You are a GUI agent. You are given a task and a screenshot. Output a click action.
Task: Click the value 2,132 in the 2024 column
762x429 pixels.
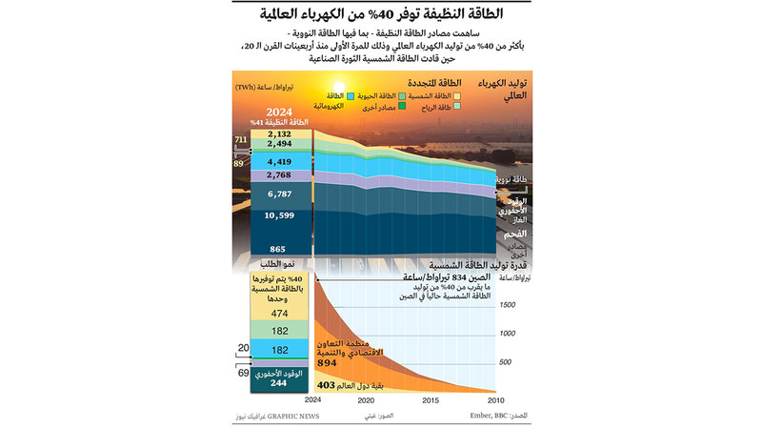[x=279, y=134]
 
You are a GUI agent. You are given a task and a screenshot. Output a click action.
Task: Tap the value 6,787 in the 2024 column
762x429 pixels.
[x=279, y=194]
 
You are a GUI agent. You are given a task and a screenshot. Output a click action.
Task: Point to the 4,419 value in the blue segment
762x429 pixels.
[x=279, y=162]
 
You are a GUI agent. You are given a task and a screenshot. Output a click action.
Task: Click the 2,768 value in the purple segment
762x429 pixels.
[x=279, y=175]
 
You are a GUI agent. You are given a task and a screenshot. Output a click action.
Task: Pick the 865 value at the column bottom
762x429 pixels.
[x=279, y=249]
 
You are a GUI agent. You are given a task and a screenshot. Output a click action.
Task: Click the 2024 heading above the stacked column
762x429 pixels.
[x=279, y=110]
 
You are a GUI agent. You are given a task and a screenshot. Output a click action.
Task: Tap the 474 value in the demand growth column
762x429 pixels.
[x=279, y=313]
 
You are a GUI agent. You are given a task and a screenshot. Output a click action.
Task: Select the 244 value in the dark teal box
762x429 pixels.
[x=279, y=383]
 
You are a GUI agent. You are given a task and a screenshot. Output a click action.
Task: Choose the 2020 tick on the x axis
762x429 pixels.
[x=367, y=400]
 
